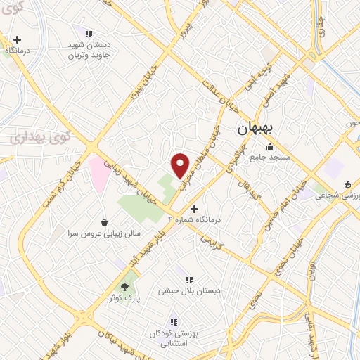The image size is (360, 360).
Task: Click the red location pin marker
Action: pyautogui.click(x=181, y=165)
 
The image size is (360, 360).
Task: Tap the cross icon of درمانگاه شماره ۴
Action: pyautogui.click(x=195, y=209)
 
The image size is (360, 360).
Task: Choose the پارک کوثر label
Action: pyautogui.click(x=124, y=298)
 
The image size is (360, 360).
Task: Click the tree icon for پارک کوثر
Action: pyautogui.click(x=125, y=287)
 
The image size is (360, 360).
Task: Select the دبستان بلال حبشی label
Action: pyautogui.click(x=188, y=290)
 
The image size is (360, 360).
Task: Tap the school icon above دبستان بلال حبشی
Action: pyautogui.click(x=188, y=280)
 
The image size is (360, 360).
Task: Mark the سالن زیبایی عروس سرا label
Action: pyautogui.click(x=105, y=232)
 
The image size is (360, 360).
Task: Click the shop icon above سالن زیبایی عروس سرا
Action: pyautogui.click(x=105, y=221)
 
